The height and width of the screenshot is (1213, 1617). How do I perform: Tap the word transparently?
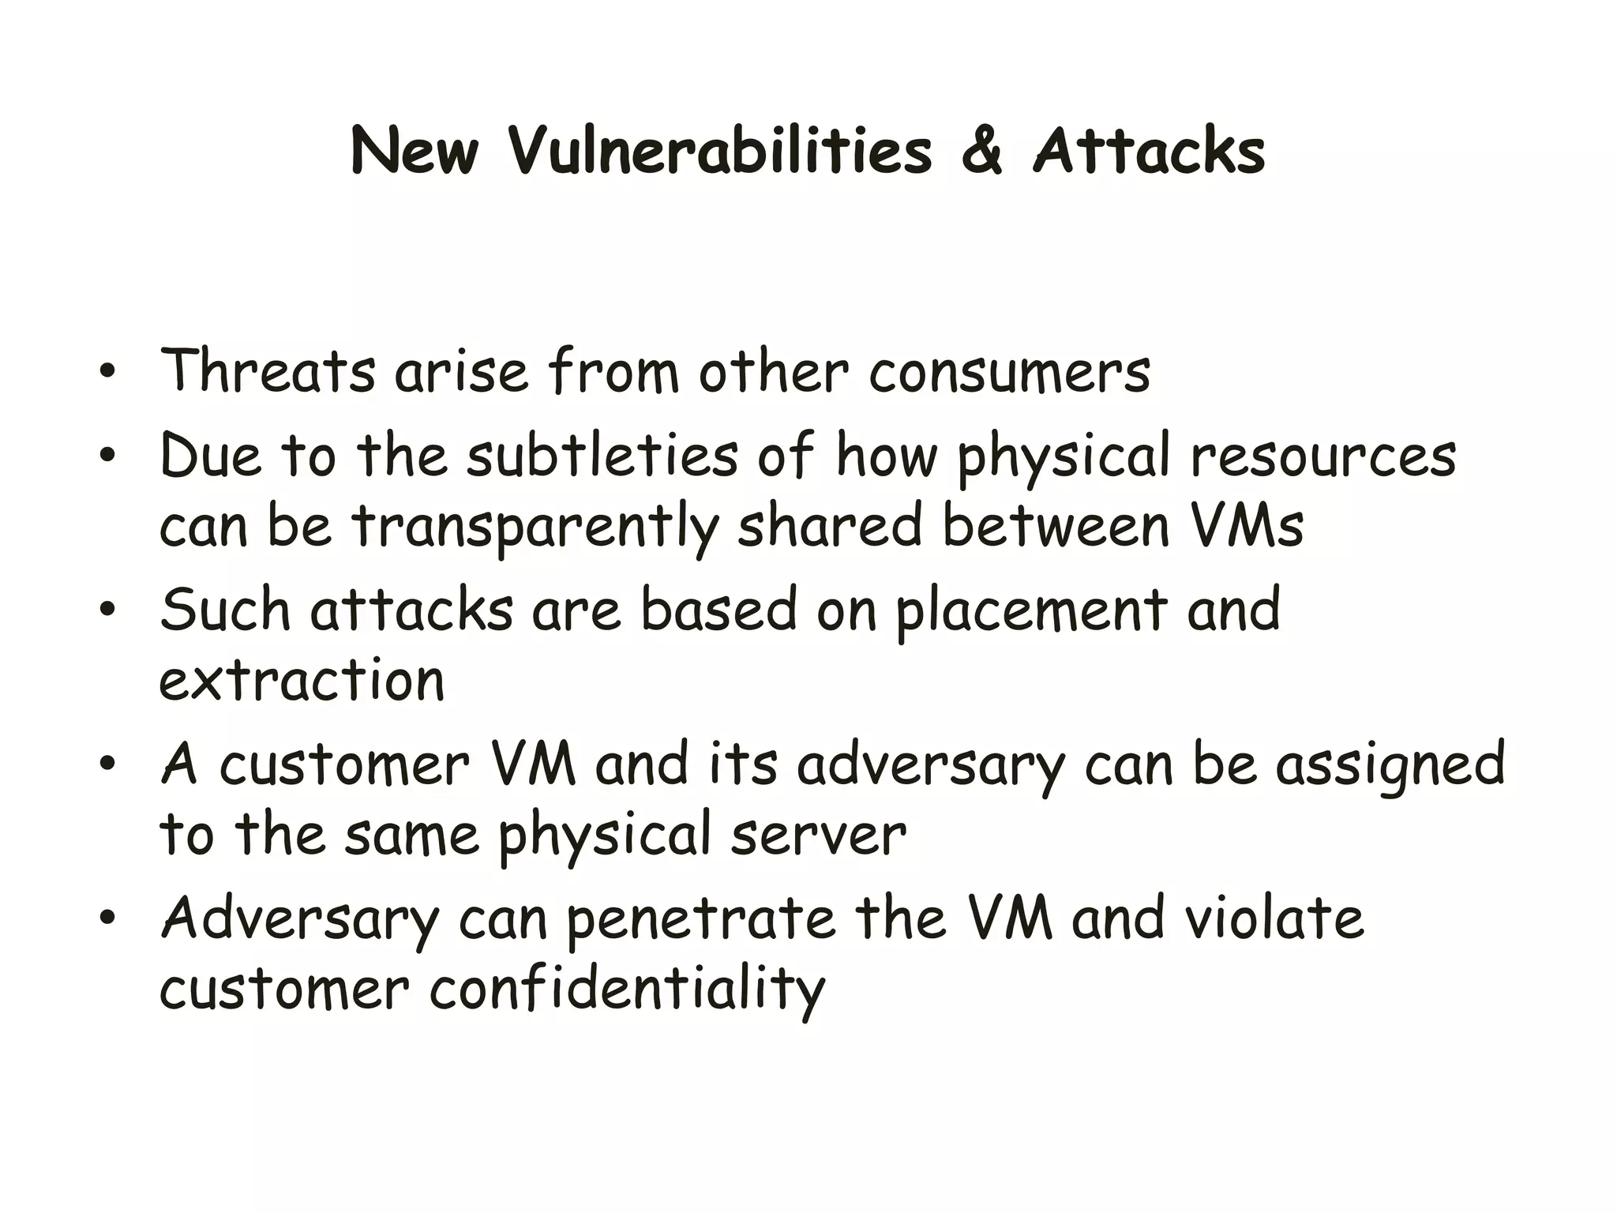[535, 526]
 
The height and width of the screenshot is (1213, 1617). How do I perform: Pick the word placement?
[1030, 610]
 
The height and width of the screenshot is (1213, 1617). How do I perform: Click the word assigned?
[1390, 764]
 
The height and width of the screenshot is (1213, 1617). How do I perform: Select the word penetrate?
[700, 918]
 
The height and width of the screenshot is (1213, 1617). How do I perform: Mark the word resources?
[1322, 456]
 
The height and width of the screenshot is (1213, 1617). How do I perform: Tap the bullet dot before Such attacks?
[108, 610]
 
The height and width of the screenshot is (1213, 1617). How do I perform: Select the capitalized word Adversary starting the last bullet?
[300, 918]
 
